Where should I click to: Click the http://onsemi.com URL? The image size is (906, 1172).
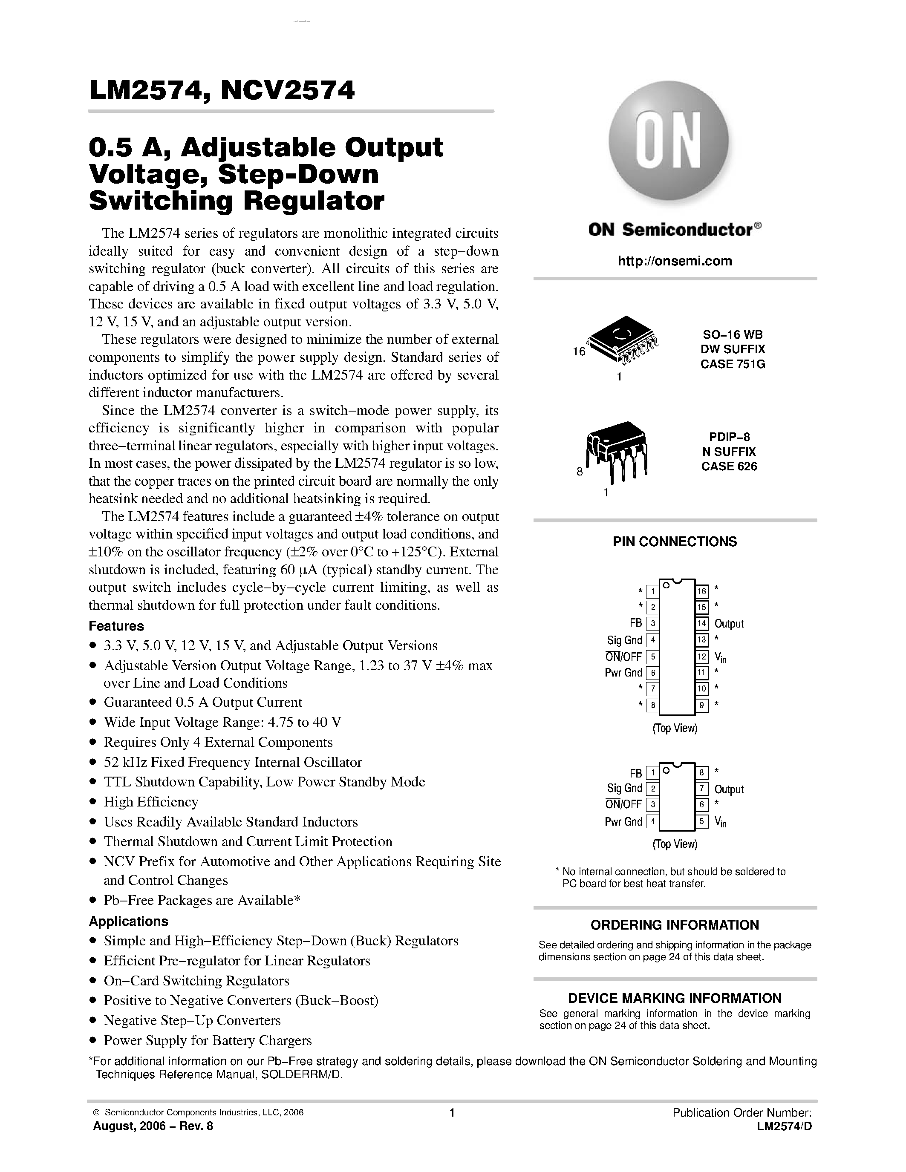click(675, 261)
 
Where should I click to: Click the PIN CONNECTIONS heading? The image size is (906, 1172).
click(675, 541)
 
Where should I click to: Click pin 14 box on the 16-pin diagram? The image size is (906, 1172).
click(701, 624)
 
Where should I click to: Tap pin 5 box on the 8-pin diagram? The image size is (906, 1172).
click(701, 821)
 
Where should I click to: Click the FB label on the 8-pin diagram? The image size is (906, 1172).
click(635, 773)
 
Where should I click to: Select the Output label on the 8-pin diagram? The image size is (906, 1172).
click(729, 789)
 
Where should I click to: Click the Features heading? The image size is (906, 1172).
click(116, 626)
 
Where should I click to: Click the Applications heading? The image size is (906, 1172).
click(128, 921)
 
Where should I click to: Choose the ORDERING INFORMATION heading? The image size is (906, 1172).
click(675, 925)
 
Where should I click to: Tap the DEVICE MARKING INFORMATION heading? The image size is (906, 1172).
click(675, 998)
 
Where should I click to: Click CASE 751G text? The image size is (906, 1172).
click(733, 364)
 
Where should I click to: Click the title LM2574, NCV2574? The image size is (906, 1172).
click(222, 90)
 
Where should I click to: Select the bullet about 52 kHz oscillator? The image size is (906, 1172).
click(232, 762)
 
